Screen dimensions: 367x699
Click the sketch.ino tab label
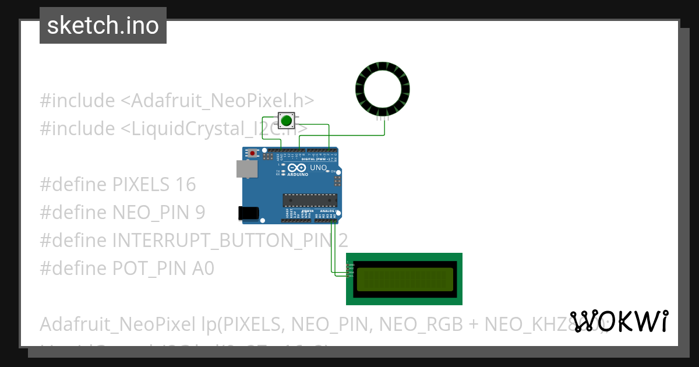[103, 26]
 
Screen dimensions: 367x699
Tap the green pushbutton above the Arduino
[286, 121]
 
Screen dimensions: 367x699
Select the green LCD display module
[404, 279]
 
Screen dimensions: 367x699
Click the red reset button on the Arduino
[252, 153]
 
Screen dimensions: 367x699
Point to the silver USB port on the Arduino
[245, 169]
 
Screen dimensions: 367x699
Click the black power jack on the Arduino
[249, 213]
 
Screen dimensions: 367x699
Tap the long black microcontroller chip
[310, 200]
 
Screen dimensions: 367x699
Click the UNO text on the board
[319, 168]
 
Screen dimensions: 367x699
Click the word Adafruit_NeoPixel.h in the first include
[217, 101]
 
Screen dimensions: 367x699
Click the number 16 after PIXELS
[185, 185]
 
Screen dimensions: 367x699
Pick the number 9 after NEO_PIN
[200, 213]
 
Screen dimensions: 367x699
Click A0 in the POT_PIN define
[203, 268]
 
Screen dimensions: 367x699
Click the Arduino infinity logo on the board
[297, 168]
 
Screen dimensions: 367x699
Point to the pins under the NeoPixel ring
[383, 118]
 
